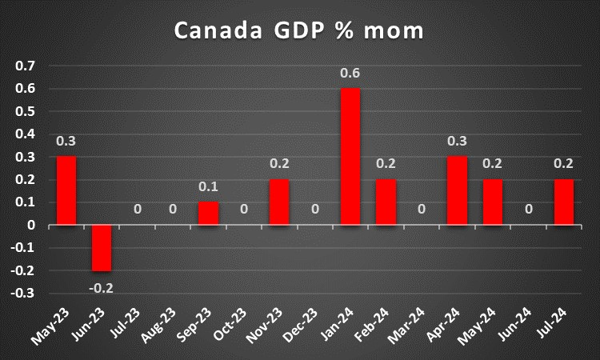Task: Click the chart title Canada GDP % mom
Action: point(299,31)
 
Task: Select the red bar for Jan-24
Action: point(350,156)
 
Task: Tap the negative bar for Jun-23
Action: point(102,248)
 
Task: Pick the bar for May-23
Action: point(66,190)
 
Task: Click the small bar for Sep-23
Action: point(208,214)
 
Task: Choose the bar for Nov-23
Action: point(279,202)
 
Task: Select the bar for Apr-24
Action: point(457,190)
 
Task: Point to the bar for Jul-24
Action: point(563,202)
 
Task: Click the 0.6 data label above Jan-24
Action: point(350,74)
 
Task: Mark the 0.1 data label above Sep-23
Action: point(208,187)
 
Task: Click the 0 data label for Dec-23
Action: point(314,210)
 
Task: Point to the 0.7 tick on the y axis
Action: point(26,66)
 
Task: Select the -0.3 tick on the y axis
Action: point(25,294)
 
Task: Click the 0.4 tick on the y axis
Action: point(26,134)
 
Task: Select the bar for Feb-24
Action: point(386,202)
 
